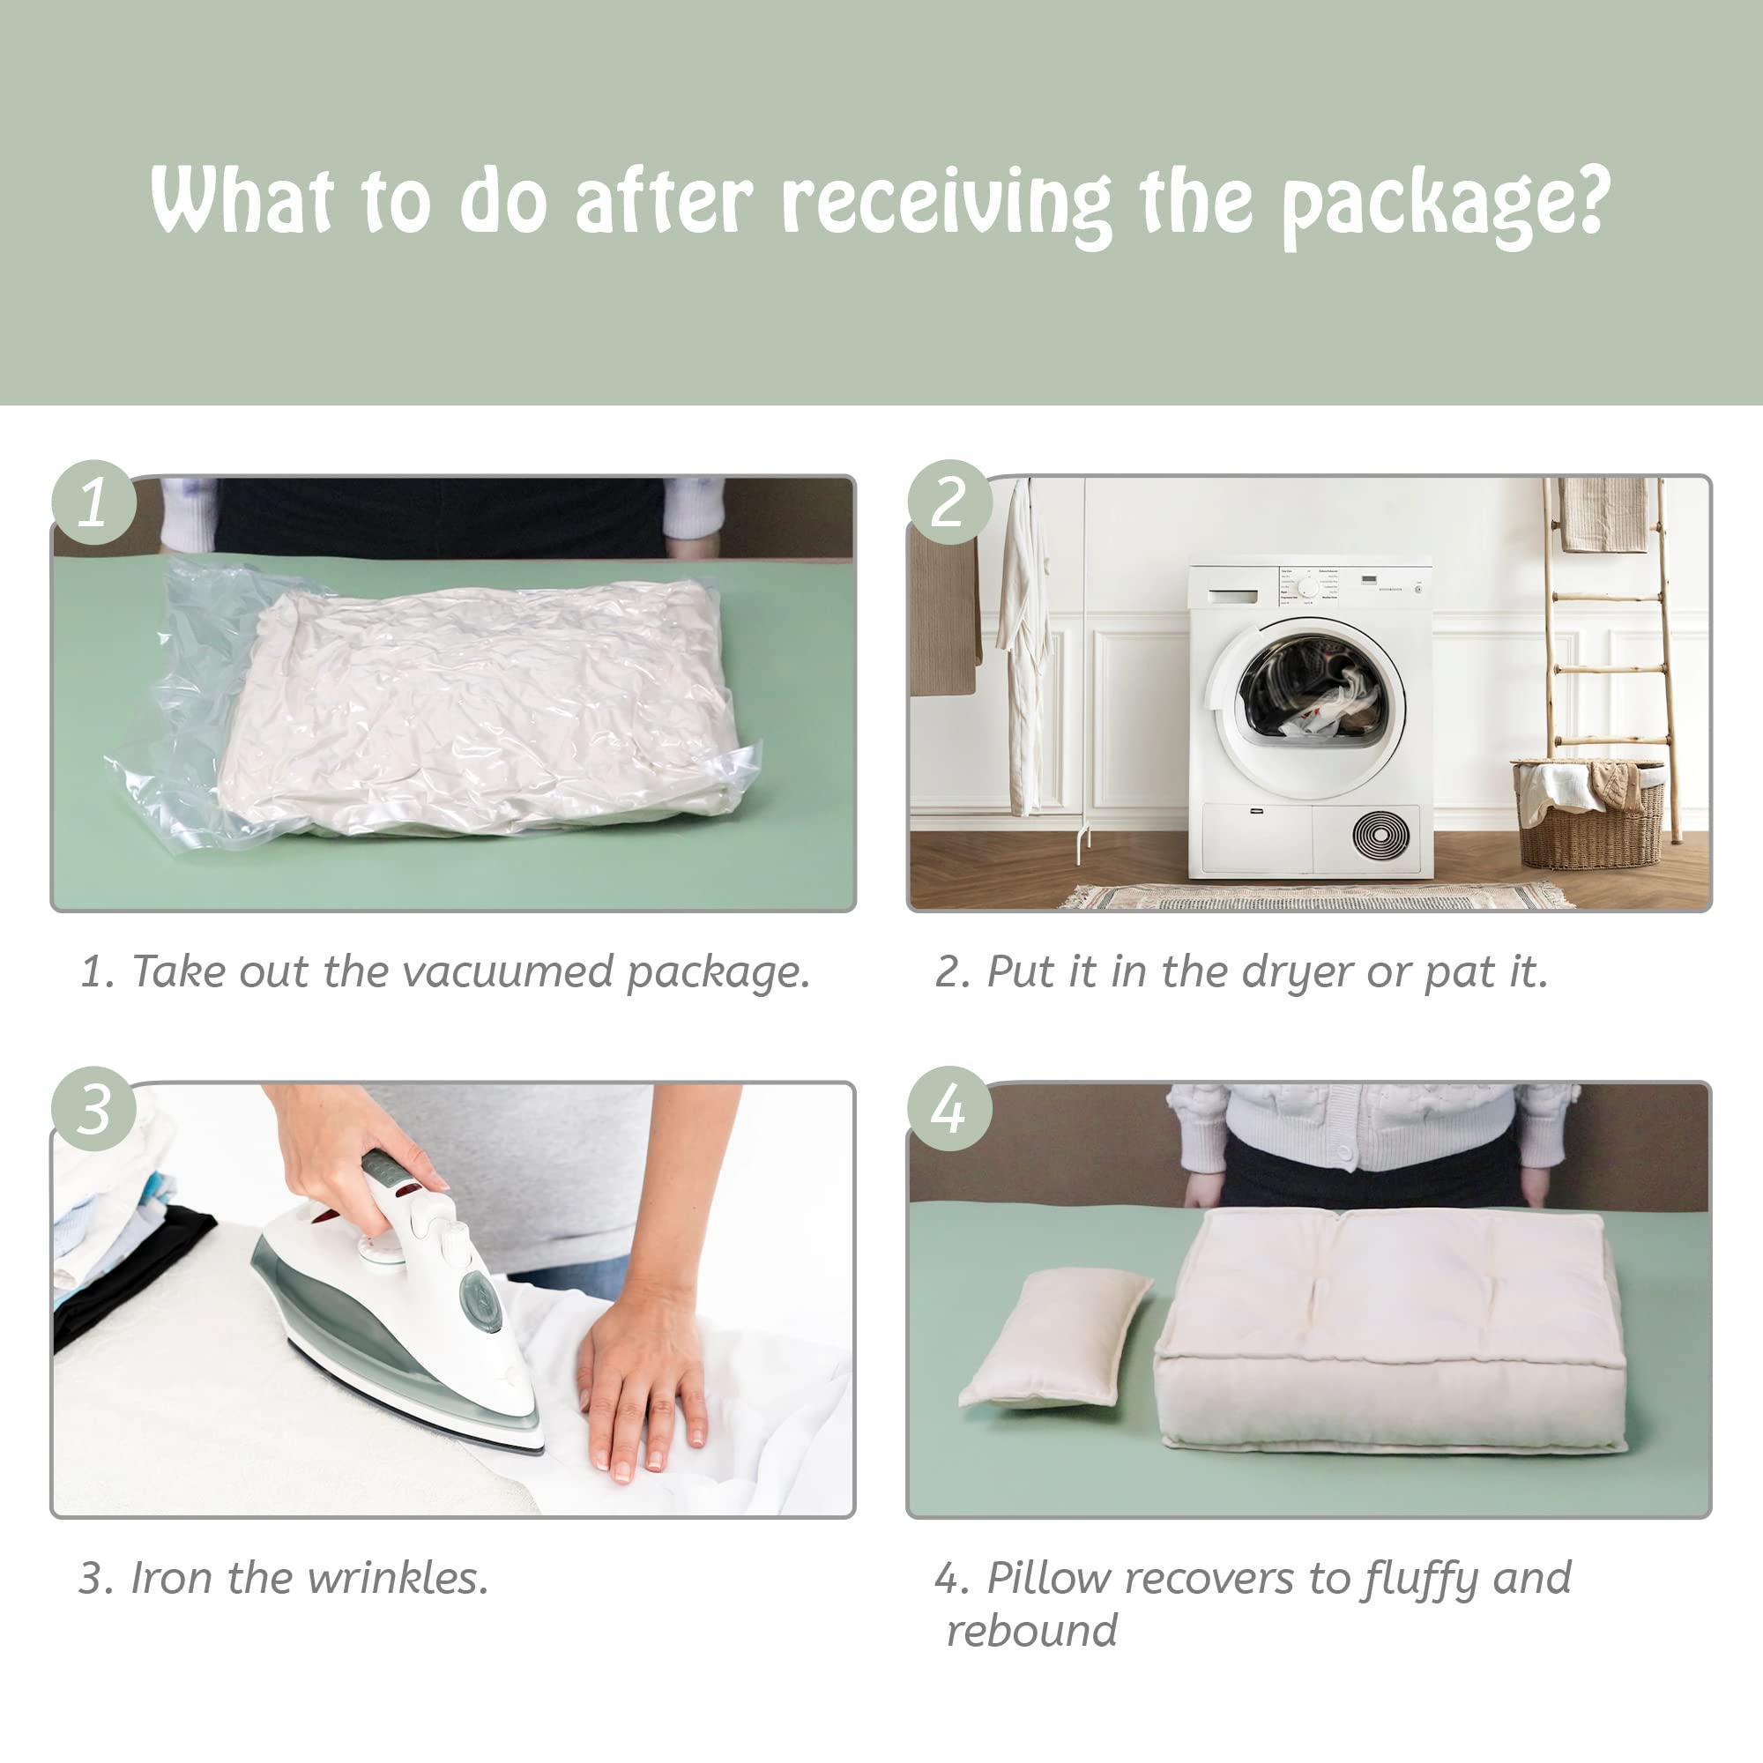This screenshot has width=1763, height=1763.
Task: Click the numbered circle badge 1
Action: (x=94, y=502)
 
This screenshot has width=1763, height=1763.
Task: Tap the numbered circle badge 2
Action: (x=949, y=502)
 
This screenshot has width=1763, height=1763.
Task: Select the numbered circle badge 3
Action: (x=94, y=1109)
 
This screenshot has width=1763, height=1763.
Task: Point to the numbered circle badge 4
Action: (x=949, y=1109)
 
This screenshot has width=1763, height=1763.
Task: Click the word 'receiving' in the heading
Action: (x=945, y=203)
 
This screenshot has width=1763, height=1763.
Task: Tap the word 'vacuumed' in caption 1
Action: (x=508, y=971)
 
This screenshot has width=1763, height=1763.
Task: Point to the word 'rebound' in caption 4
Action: (x=1031, y=1631)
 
